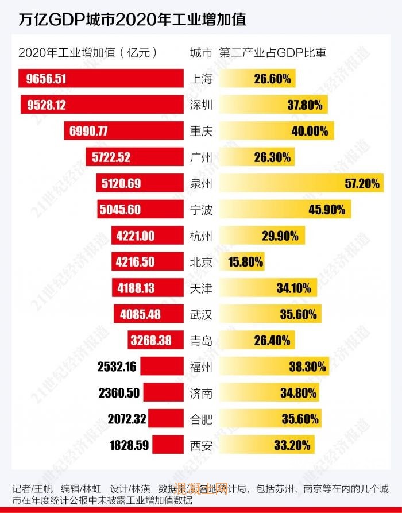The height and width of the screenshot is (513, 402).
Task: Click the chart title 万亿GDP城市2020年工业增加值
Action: point(133,20)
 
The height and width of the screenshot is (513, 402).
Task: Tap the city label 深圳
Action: point(200,105)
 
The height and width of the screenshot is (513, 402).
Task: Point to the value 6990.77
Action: point(88,131)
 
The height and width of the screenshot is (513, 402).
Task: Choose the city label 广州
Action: point(200,157)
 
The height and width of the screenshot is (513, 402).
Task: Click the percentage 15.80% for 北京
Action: point(245,263)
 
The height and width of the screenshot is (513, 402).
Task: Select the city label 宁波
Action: point(200,210)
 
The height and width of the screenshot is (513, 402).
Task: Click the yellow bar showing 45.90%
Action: point(285,210)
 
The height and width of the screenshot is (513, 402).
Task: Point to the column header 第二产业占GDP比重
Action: point(273,53)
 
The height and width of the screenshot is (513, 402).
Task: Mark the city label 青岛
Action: point(200,341)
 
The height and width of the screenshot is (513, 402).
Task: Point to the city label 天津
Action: point(200,288)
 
